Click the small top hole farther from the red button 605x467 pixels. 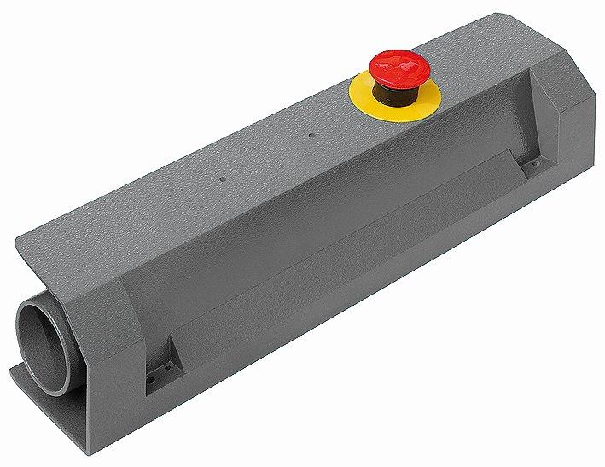tap(223, 179)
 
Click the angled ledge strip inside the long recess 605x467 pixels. tap(341, 248)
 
